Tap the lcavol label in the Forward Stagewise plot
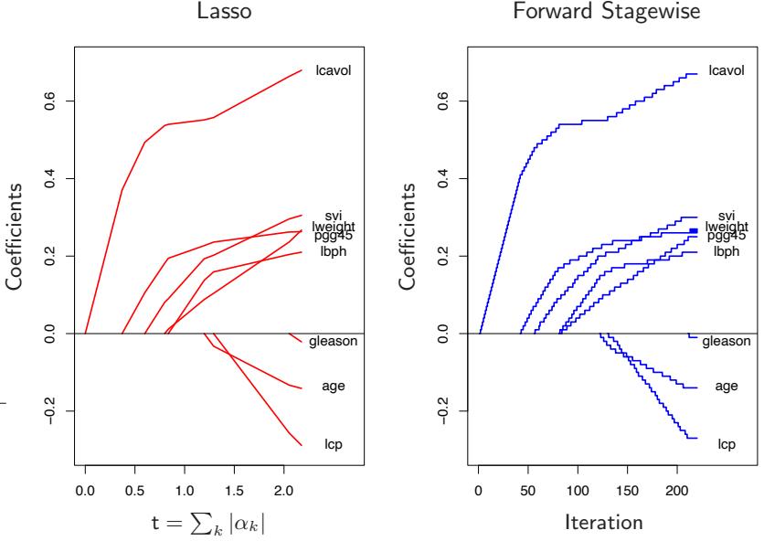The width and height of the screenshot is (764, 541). tap(728, 70)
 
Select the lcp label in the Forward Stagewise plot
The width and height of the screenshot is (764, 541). tap(727, 445)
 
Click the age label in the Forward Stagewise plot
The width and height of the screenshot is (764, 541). tap(727, 387)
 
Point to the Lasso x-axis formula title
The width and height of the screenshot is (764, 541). tap(206, 525)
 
